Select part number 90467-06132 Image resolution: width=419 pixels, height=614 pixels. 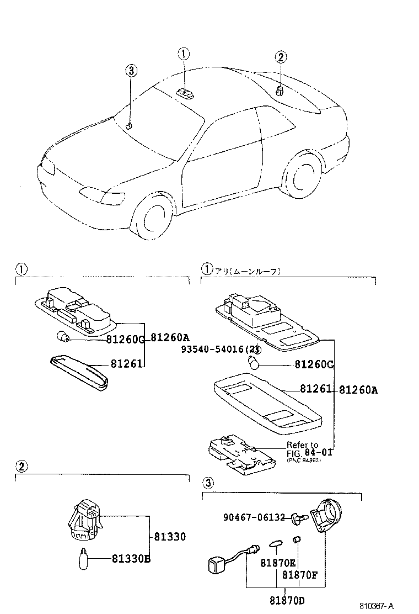(x=254, y=517)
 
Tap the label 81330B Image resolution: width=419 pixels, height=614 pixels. (x=132, y=559)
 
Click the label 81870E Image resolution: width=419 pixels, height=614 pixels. (x=278, y=563)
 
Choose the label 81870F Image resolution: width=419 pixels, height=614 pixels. (x=300, y=574)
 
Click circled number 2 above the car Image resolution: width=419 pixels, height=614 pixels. (x=281, y=57)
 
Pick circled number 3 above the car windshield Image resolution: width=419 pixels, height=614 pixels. (x=131, y=71)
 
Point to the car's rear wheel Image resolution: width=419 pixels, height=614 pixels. (x=303, y=178)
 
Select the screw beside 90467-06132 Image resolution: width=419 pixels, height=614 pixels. (x=300, y=518)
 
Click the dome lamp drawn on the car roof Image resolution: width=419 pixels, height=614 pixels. (x=184, y=93)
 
